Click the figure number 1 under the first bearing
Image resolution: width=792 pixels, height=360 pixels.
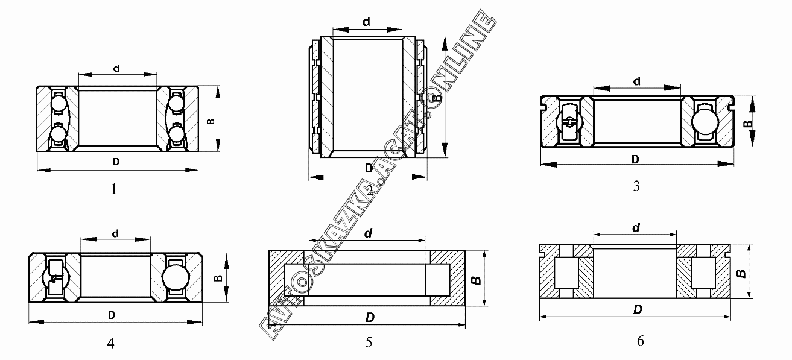click(x=114, y=189)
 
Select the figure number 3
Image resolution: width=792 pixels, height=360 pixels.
click(x=636, y=186)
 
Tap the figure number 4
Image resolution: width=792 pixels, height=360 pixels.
click(x=110, y=343)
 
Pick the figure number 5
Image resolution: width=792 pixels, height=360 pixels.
click(x=369, y=343)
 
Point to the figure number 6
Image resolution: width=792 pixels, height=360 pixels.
click(x=641, y=341)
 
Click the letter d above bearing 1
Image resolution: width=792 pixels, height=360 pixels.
click(x=116, y=68)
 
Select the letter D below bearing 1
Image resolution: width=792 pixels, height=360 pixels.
click(x=116, y=162)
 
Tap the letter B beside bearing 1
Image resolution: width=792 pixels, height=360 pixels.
click(x=211, y=121)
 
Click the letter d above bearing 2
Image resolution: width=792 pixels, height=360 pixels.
click(x=366, y=22)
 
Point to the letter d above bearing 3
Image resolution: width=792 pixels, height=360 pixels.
click(x=636, y=81)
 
